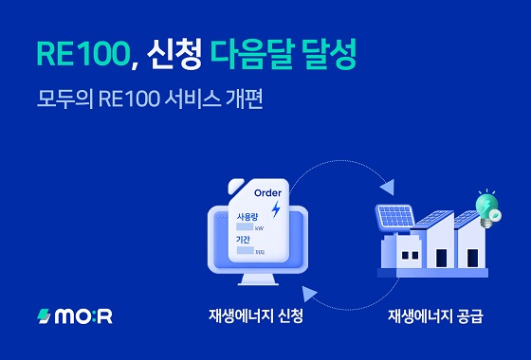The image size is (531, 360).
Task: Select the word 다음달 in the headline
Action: [x=252, y=54]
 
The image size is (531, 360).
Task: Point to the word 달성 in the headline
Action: [x=327, y=54]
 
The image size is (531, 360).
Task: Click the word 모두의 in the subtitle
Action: [x=61, y=98]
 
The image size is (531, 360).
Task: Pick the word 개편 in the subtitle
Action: [x=241, y=98]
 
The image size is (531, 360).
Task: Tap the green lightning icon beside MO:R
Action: [x=44, y=316]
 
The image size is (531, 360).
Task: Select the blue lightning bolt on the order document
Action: [x=276, y=208]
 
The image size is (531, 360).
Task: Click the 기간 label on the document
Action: [x=243, y=241]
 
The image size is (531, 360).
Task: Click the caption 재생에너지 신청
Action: [x=256, y=316]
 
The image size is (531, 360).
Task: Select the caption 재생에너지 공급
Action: [x=435, y=316]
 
